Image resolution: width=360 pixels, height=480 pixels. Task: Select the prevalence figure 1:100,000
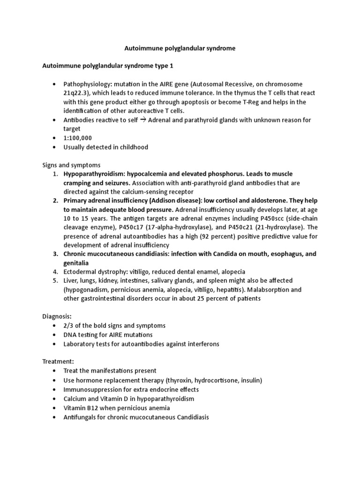[78, 138]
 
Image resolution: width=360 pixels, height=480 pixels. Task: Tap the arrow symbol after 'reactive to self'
[145, 120]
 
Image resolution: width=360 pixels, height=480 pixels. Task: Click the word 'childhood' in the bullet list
[132, 147]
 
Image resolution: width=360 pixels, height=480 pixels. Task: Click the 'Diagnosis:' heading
[57, 316]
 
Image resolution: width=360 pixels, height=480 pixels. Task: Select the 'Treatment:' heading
[58, 361]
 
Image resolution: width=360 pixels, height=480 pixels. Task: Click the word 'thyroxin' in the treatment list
[182, 380]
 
